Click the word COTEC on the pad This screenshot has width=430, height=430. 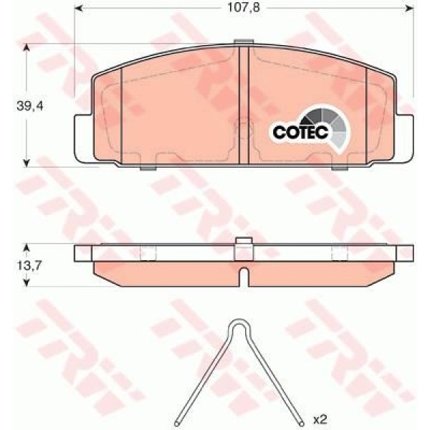[x=299, y=133]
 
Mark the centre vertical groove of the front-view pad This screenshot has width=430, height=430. [x=244, y=105]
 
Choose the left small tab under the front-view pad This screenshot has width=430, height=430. [x=148, y=168]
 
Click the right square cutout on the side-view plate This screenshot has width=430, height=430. [x=340, y=253]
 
